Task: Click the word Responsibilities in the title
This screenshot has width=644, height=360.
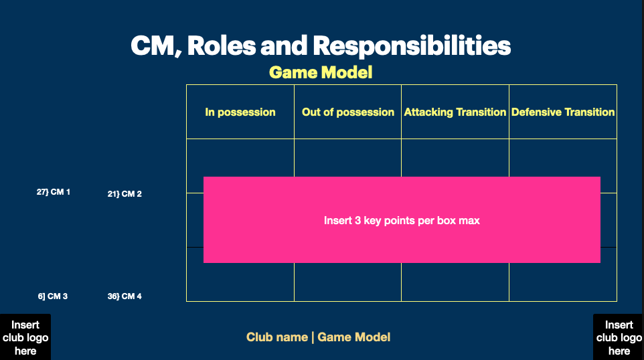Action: click(x=412, y=46)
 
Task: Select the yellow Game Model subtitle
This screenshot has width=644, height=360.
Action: click(x=321, y=72)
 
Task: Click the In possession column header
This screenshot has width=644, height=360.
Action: click(x=240, y=112)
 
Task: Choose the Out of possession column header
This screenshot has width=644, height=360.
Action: click(x=348, y=112)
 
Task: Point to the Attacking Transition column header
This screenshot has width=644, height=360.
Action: click(x=455, y=112)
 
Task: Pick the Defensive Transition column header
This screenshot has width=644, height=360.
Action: click(x=563, y=112)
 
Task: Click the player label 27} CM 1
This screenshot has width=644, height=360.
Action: click(x=54, y=192)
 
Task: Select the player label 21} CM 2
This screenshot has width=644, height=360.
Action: click(x=125, y=194)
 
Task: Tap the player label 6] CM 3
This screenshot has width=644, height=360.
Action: click(x=53, y=296)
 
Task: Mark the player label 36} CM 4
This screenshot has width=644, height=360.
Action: click(x=125, y=296)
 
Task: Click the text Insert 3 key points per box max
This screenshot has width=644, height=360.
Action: click(x=402, y=220)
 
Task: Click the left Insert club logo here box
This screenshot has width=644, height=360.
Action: click(x=25, y=337)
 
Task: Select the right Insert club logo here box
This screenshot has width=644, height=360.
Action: click(x=619, y=337)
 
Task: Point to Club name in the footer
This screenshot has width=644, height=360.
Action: click(x=276, y=337)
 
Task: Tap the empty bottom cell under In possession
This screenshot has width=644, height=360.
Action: click(x=240, y=282)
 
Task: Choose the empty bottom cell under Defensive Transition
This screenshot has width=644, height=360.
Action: click(x=563, y=282)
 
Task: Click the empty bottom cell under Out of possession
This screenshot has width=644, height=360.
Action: click(x=348, y=282)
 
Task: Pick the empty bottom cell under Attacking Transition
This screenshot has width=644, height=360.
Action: click(x=455, y=282)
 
